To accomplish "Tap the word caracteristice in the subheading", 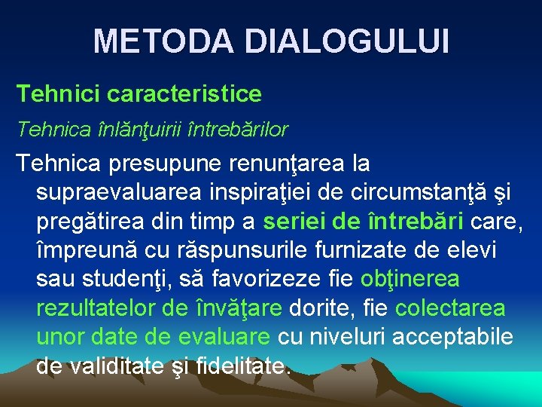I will tap(184, 94).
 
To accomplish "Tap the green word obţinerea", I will tap(410, 280).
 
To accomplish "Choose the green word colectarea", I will tap(450, 309).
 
